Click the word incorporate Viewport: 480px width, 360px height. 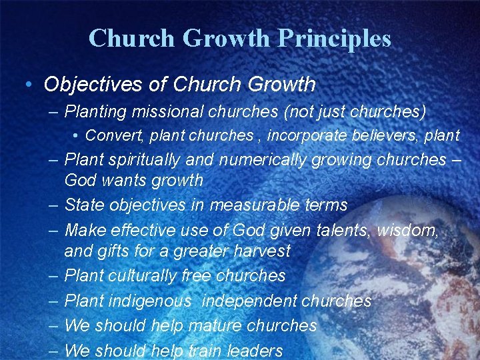tap(305, 135)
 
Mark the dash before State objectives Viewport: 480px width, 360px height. tap(53, 205)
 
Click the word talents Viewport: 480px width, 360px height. tap(336, 231)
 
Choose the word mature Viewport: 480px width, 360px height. tap(215, 325)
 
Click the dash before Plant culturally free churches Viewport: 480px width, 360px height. tap(53, 275)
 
